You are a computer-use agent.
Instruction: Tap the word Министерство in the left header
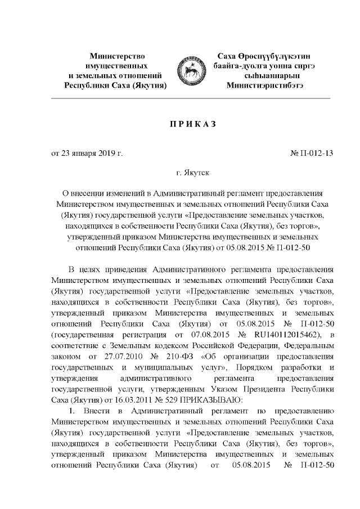coord(117,57)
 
